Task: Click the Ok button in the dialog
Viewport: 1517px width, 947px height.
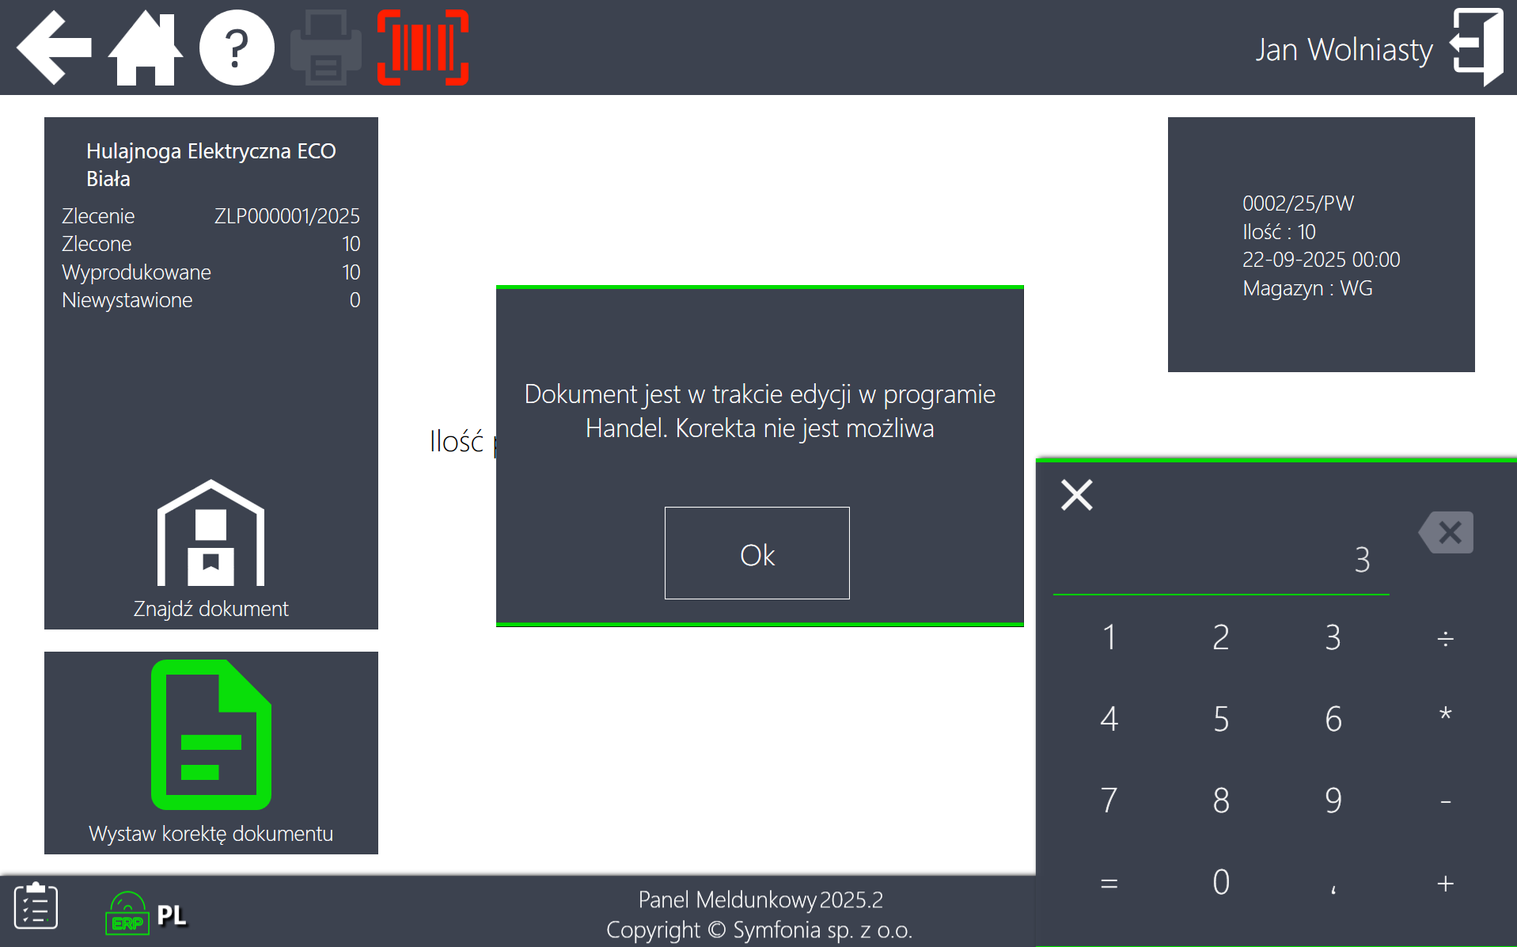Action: (x=757, y=553)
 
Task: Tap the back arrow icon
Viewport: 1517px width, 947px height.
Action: (x=54, y=48)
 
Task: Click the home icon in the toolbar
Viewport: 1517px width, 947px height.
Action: (x=146, y=48)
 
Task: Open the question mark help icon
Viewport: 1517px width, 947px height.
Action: (x=237, y=48)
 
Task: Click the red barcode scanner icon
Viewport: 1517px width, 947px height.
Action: (x=423, y=48)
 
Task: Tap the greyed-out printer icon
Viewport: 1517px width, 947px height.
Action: (x=326, y=48)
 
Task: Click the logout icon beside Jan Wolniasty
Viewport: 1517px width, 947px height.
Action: (x=1477, y=48)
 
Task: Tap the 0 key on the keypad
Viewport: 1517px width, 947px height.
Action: (x=1221, y=882)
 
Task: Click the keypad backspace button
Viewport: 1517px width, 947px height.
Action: (x=1446, y=532)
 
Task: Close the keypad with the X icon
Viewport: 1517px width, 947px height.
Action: (x=1077, y=495)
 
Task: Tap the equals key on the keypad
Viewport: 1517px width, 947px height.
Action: (x=1109, y=883)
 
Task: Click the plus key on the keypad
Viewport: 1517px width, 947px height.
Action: (x=1445, y=883)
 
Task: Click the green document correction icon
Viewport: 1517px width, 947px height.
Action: (x=211, y=735)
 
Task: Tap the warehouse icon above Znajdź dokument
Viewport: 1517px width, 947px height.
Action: (x=211, y=532)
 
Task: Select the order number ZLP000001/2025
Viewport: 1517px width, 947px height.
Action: (x=287, y=216)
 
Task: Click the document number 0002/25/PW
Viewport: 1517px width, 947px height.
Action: (x=1298, y=203)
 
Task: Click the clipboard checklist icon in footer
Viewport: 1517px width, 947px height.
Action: (x=36, y=905)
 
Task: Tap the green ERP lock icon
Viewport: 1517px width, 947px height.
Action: (x=127, y=914)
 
